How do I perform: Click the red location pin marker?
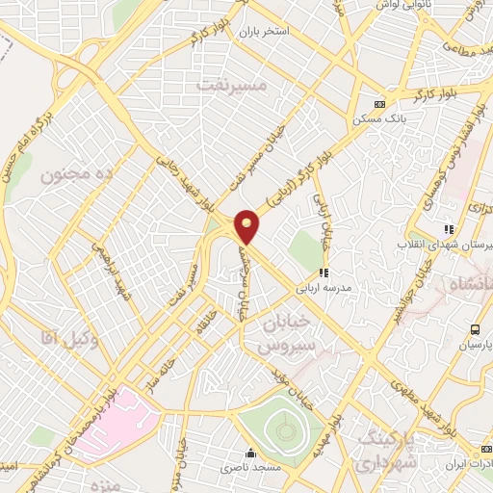[x=247, y=226]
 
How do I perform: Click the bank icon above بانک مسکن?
[x=379, y=104]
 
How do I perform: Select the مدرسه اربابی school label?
[x=327, y=288]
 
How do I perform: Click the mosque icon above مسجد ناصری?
[x=252, y=453]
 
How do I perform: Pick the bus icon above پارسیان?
[x=474, y=330]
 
